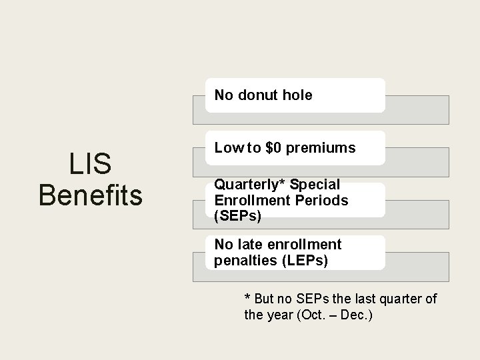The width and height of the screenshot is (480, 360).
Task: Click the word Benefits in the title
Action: pyautogui.click(x=91, y=195)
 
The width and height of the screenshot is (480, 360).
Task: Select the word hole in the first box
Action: pyautogui.click(x=297, y=95)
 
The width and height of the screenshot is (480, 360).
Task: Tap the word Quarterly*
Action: pyautogui.click(x=249, y=185)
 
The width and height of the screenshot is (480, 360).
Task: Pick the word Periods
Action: pyautogui.click(x=323, y=200)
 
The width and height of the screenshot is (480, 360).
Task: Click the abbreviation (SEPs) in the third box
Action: pyautogui.click(x=237, y=215)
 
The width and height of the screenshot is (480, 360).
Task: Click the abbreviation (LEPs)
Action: pyautogui.click(x=304, y=260)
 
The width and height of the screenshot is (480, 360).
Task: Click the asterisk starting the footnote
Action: pyautogui.click(x=247, y=299)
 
